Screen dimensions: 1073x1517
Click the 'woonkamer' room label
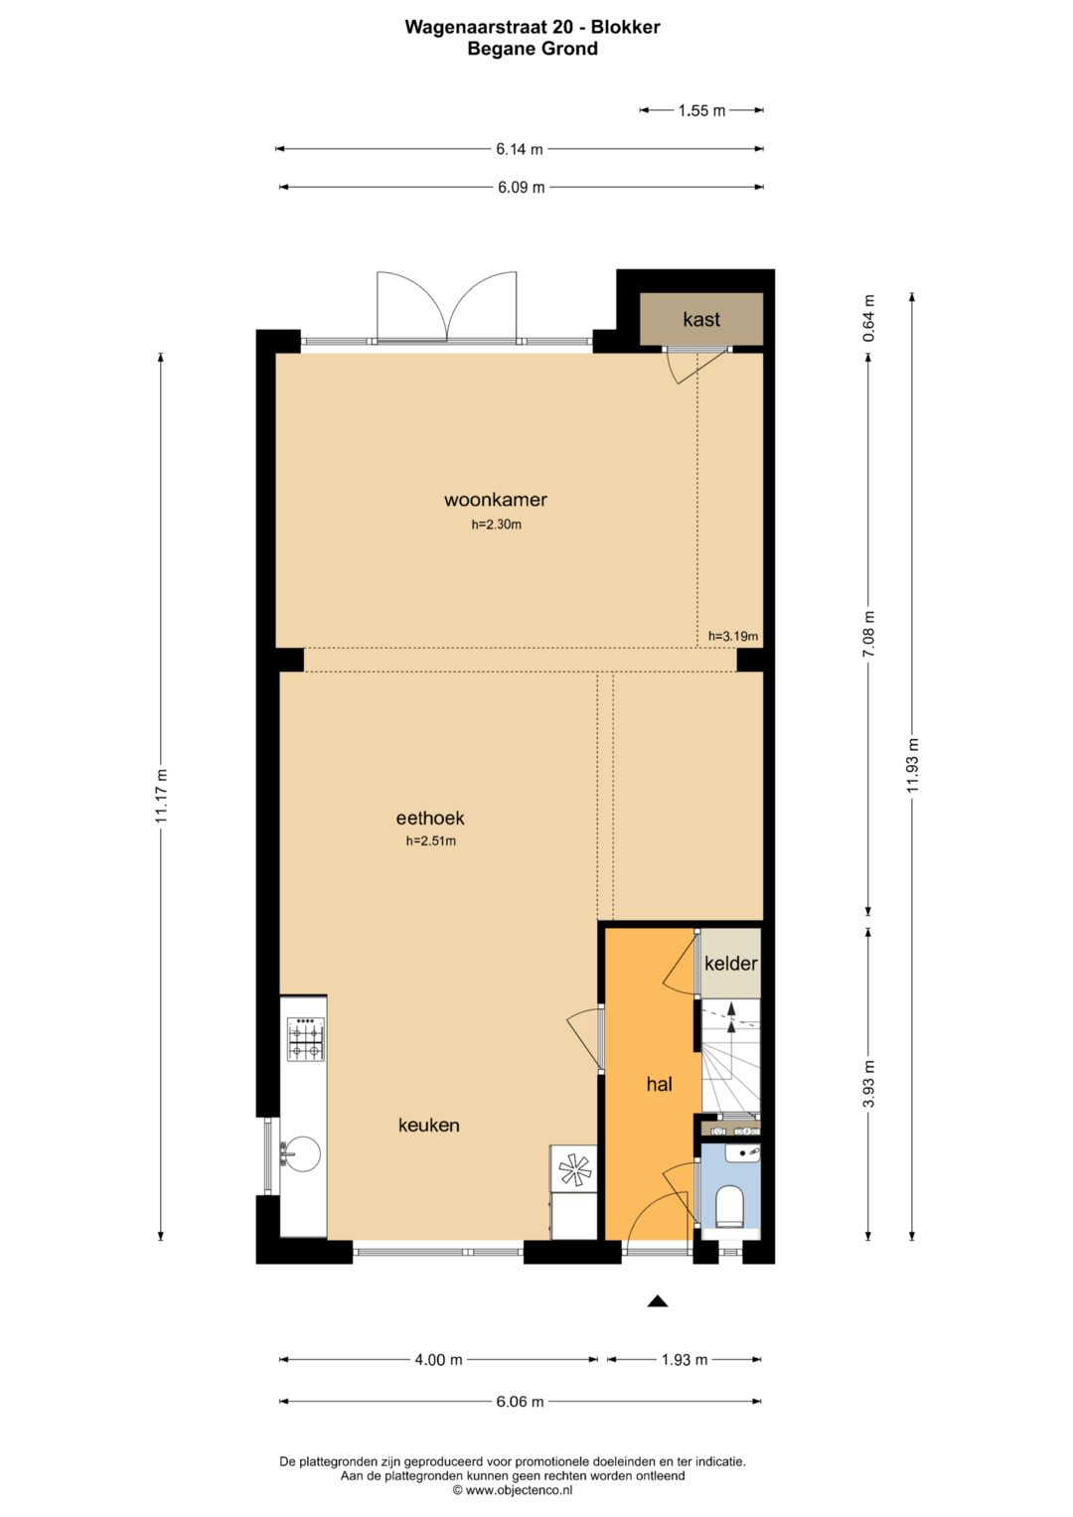pos(495,500)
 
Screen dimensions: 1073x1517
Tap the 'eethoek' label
pos(430,818)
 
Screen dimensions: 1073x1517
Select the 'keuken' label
pos(429,1125)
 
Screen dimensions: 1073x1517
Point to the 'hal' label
pos(659,1084)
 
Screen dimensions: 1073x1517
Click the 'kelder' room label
pos(730,963)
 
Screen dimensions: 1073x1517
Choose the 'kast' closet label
pos(701,319)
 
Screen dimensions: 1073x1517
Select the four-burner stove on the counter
pos(306,1038)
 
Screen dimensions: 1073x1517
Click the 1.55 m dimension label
pos(701,110)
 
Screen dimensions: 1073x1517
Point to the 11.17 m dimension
pos(161,796)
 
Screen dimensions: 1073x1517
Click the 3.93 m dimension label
pos(869,1084)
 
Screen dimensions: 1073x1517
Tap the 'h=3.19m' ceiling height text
pos(733,636)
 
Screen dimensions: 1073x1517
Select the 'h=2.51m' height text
pos(431,841)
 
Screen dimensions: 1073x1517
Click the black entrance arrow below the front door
pos(657,1300)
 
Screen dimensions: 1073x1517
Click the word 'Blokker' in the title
pos(625,27)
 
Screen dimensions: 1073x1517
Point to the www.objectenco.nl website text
pos(519,1490)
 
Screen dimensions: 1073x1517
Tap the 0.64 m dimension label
pos(869,318)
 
